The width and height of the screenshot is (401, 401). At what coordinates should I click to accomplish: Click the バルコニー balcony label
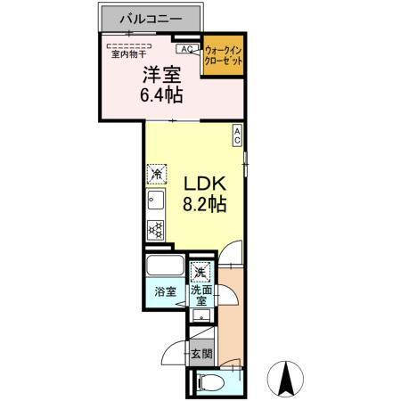point(151,17)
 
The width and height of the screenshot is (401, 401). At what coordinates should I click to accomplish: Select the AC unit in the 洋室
point(187,49)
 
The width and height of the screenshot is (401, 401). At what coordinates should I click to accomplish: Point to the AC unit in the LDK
point(238,135)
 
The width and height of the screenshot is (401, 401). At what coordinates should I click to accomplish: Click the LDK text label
point(206,183)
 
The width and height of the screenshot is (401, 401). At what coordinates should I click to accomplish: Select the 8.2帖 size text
point(206,204)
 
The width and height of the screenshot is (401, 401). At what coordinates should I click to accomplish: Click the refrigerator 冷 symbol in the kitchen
point(157,173)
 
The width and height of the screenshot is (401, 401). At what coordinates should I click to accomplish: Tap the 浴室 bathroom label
point(164,291)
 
